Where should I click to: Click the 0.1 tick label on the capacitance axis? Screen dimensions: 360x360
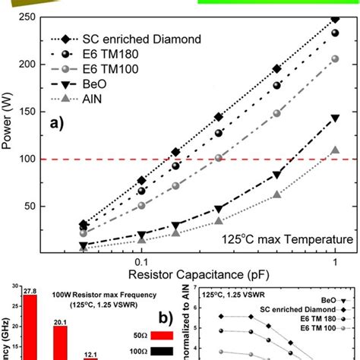coord(141,261)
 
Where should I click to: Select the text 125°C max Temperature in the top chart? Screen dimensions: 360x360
coord(287,238)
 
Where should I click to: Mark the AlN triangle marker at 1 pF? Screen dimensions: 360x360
coord(335,150)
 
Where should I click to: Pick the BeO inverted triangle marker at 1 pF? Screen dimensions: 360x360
coord(335,118)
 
